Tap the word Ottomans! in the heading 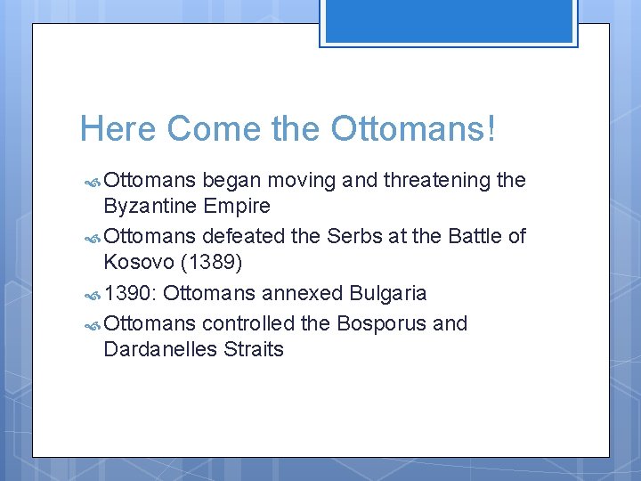click(x=414, y=129)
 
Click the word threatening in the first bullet click(x=436, y=181)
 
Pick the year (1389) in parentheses click(x=215, y=264)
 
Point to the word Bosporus click(x=382, y=322)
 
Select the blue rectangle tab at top click(x=449, y=21)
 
